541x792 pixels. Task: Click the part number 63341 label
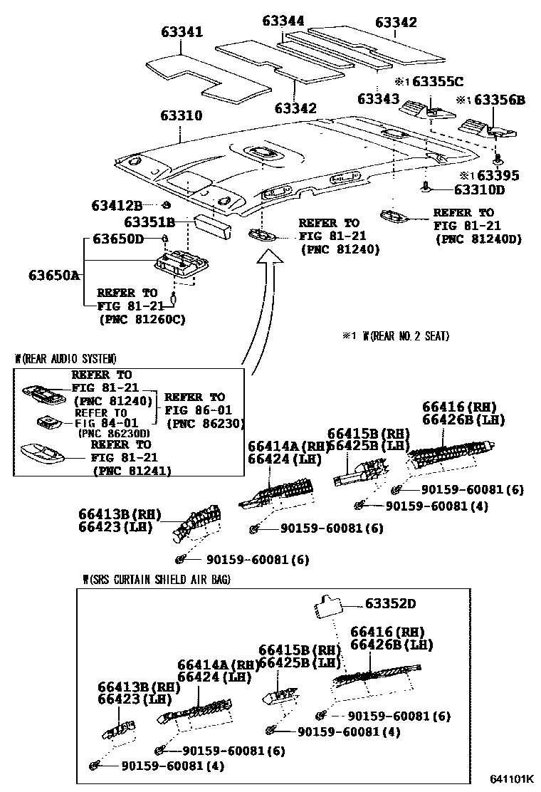point(182,32)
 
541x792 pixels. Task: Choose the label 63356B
point(498,100)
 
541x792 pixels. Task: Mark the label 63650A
point(55,275)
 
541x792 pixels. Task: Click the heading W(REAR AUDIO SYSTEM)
point(66,358)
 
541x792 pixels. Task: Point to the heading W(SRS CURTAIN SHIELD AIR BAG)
point(156,580)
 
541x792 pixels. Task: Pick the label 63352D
point(390,604)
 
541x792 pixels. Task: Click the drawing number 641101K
point(510,779)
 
